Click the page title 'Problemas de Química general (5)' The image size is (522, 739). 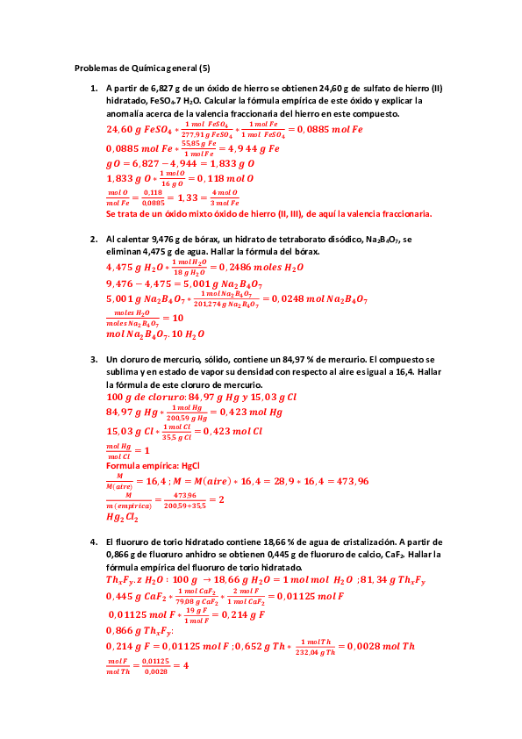click(142, 68)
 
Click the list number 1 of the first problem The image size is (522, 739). click(94, 89)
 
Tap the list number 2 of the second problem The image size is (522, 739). click(94, 239)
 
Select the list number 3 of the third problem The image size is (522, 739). click(94, 360)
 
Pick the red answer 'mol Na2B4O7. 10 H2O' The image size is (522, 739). click(155, 334)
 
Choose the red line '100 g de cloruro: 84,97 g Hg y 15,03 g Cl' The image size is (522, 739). click(202, 397)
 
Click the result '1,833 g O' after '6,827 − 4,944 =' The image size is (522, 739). click(232, 163)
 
